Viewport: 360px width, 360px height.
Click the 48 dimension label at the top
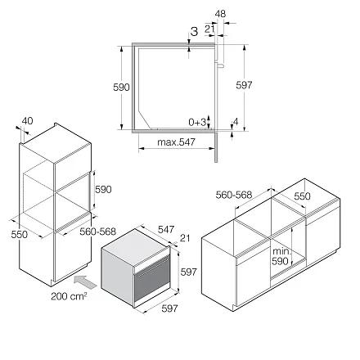[220, 14]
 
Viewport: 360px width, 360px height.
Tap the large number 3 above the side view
[194, 31]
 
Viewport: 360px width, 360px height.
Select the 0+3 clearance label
[197, 122]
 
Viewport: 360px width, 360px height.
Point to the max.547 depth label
[176, 142]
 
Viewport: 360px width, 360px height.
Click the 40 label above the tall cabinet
[27, 121]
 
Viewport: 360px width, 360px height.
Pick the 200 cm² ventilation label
[69, 296]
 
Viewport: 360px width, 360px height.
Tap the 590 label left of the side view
[121, 88]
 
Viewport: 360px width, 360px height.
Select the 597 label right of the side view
[244, 85]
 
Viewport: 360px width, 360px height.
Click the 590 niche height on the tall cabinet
[103, 189]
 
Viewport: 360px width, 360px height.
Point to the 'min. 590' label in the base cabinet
[281, 256]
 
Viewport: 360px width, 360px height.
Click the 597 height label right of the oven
[188, 272]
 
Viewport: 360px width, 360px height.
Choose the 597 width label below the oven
[169, 308]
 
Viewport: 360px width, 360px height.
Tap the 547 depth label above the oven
[166, 229]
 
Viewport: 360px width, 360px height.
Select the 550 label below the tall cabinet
[20, 234]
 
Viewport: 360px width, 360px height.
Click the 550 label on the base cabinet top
[302, 196]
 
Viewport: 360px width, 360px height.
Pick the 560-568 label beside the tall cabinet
[98, 232]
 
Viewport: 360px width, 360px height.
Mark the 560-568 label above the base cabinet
[234, 195]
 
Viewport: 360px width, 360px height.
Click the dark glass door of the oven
[152, 279]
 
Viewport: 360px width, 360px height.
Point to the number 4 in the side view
[236, 122]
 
